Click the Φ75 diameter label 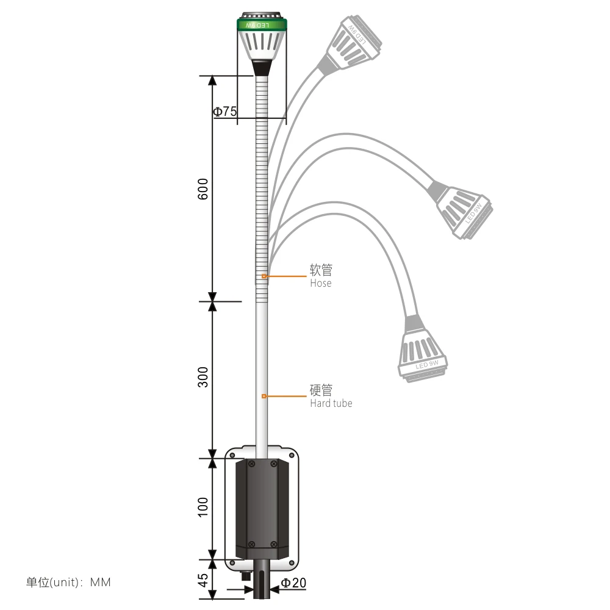(x=224, y=112)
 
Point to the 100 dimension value (x=204, y=507)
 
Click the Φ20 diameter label (x=293, y=583)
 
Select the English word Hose (x=320, y=284)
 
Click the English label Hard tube (x=331, y=403)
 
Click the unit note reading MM (x=101, y=583)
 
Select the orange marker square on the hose (x=264, y=276)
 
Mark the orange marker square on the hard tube (x=264, y=396)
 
